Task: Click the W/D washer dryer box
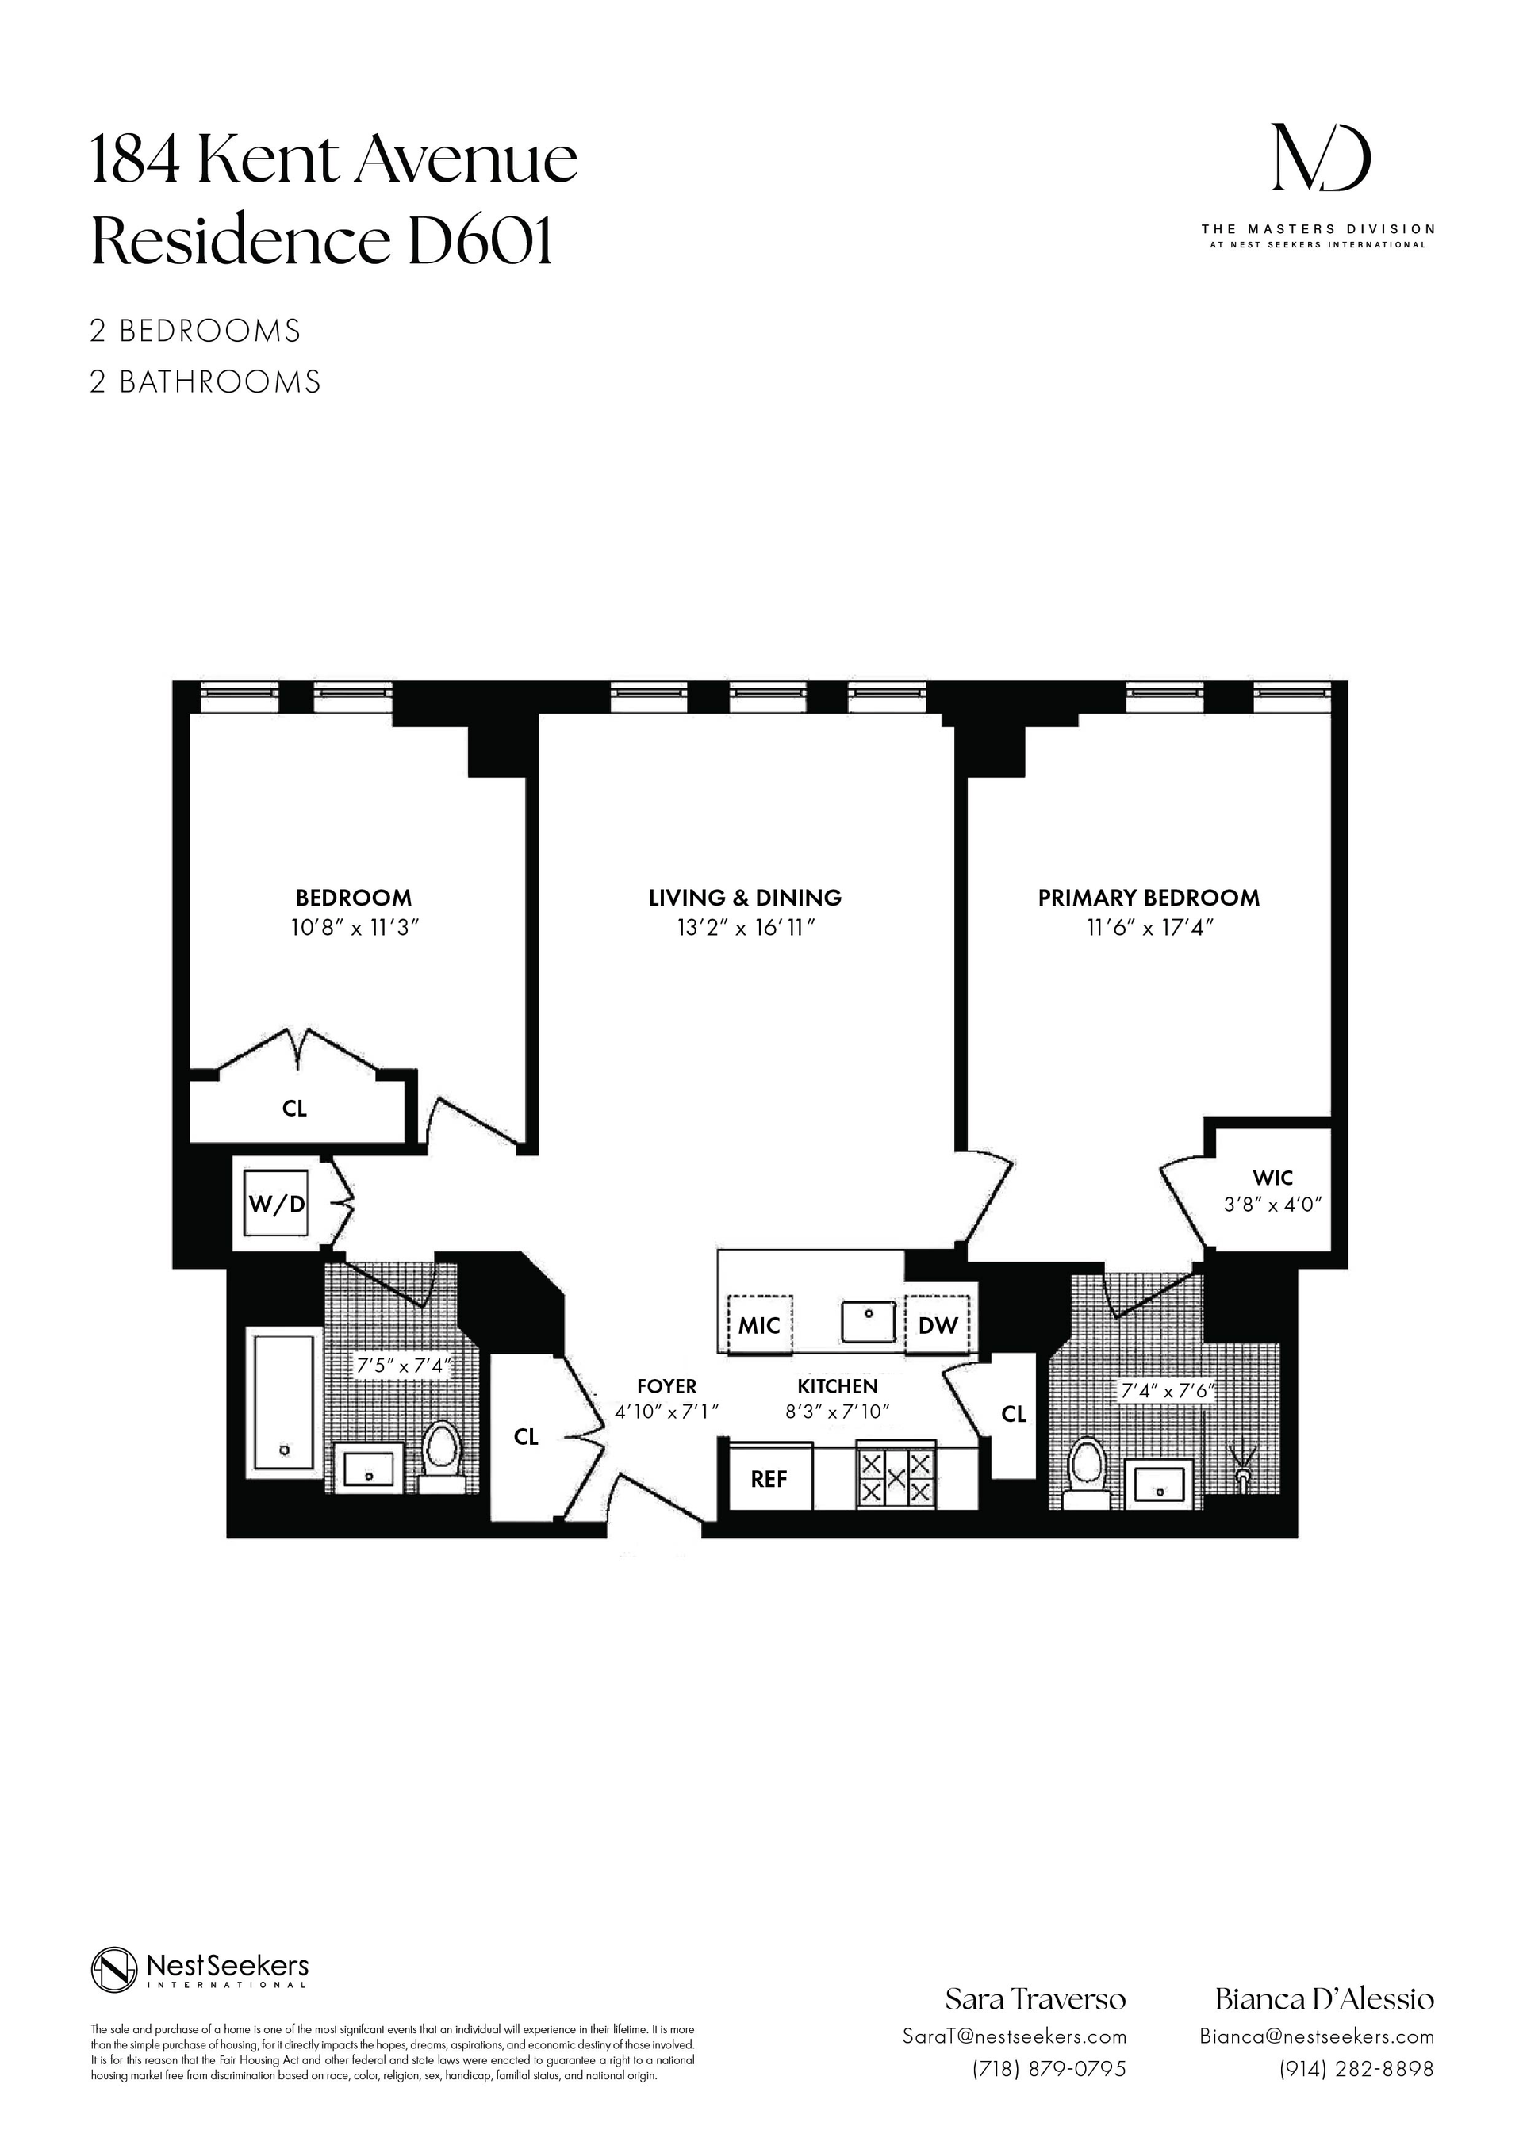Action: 276,1203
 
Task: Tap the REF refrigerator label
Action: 769,1479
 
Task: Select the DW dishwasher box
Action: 937,1325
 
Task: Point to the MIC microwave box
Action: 760,1325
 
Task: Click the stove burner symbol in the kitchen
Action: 896,1479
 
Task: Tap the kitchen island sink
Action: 869,1321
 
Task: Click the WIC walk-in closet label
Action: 1272,1178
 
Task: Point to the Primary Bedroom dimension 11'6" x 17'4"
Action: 1148,927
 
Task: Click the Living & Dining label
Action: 745,898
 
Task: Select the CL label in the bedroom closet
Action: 294,1109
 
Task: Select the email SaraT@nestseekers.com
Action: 1014,2036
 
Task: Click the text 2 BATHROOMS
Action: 205,381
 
